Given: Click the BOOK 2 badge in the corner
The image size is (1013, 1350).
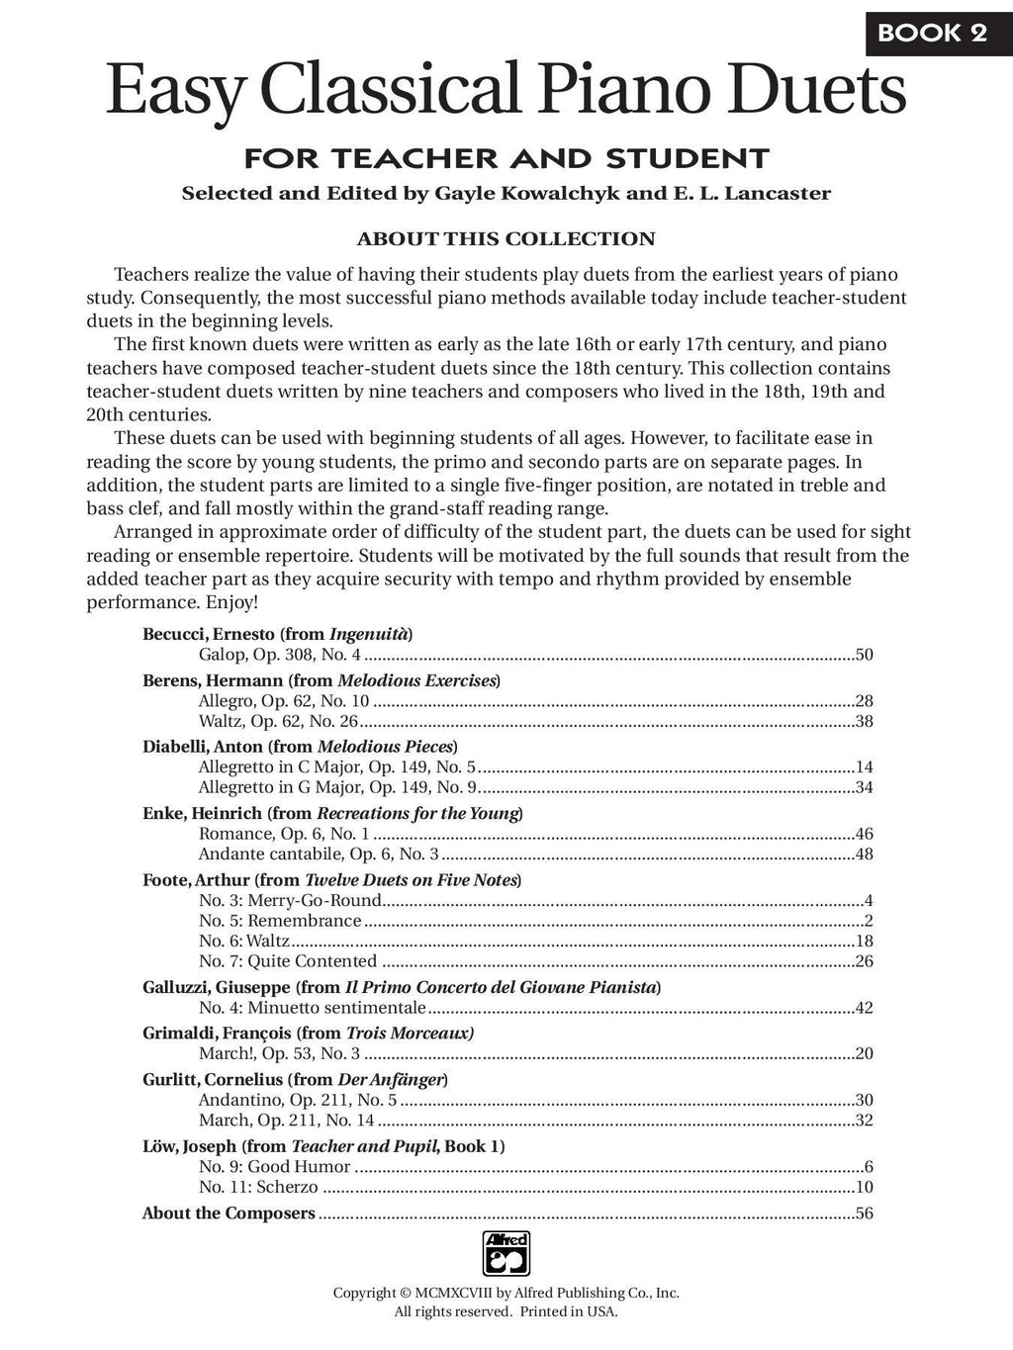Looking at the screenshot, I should pos(932,32).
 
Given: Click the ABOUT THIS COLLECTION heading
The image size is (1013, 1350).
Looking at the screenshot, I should pos(506,238).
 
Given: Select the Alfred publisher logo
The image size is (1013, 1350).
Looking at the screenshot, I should pos(506,1253).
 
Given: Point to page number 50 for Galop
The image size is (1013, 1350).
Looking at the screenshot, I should pos(864,655).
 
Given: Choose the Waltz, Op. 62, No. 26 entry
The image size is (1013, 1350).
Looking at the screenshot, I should pos(278,721).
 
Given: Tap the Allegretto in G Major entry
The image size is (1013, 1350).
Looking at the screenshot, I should pos(337,787).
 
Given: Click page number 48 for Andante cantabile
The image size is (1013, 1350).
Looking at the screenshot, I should pos(864,855).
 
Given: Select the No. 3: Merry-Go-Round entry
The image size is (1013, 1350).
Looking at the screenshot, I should pos(290,900).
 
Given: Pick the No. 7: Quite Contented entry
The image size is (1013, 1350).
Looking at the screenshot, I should pos(287,960).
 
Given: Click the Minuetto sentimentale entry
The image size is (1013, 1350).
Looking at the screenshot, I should pos(312,1008).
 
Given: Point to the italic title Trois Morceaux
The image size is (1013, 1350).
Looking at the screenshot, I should pos(410,1033).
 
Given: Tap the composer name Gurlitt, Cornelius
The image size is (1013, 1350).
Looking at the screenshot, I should pos(213,1079).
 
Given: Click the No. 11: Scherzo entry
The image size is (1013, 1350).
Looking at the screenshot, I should pos(258,1187).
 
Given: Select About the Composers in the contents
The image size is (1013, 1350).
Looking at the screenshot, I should pos(229,1214).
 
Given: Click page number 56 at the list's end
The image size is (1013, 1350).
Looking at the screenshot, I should pos(864,1214).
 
